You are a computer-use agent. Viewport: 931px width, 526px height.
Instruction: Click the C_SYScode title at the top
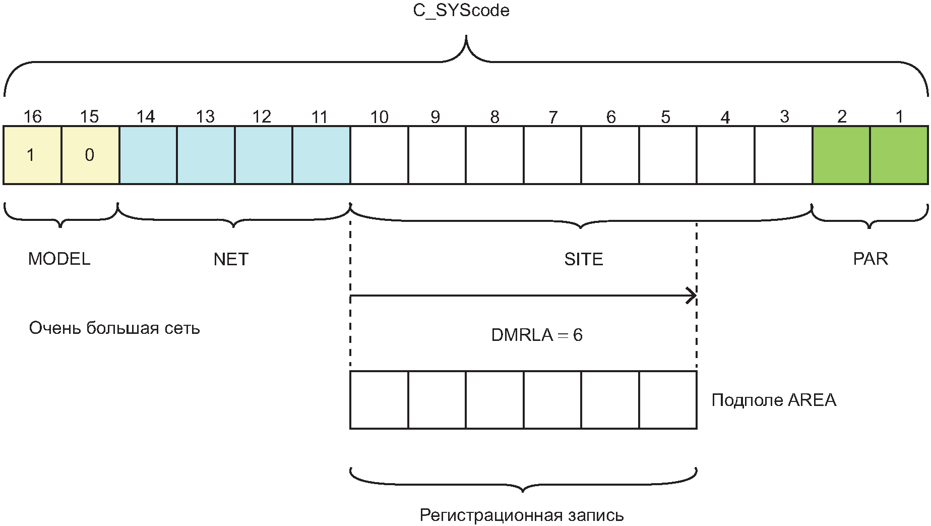(461, 11)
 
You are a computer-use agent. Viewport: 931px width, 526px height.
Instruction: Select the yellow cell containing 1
(32, 155)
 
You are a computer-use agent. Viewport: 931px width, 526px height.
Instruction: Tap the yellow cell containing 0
(90, 155)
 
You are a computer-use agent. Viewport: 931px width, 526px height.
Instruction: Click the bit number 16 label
(32, 116)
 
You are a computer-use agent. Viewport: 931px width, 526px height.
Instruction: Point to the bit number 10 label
(379, 117)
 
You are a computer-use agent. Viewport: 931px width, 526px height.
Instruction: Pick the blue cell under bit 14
(148, 155)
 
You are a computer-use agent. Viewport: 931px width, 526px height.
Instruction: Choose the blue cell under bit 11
(321, 155)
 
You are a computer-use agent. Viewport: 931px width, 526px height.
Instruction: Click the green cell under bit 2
(841, 155)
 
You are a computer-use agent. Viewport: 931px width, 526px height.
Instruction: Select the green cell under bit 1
(899, 155)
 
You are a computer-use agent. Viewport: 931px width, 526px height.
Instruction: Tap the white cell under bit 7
(552, 155)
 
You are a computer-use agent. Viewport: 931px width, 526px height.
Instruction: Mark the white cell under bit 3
(783, 155)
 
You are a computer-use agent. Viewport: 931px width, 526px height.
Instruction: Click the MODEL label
(59, 259)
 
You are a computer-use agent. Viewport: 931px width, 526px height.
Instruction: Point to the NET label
(231, 259)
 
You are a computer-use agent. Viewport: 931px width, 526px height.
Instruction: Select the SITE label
(584, 259)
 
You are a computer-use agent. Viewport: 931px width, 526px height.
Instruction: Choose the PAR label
(871, 259)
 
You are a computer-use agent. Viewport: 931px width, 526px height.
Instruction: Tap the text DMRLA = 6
(537, 335)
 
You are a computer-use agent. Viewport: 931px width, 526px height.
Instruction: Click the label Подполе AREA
(774, 400)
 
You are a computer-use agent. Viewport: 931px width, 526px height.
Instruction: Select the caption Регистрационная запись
(522, 515)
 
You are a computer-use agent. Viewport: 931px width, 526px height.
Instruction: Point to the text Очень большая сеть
(114, 328)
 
